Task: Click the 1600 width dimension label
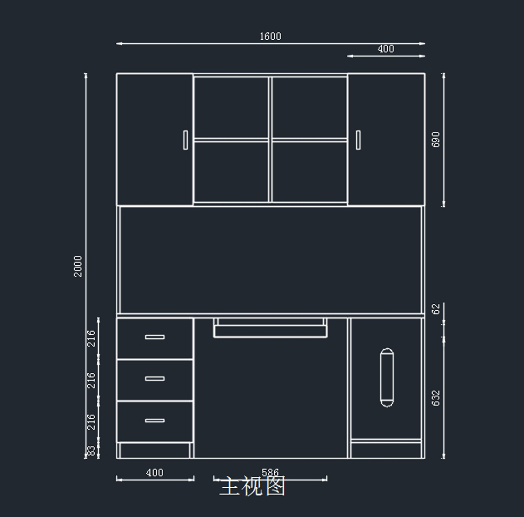click(x=270, y=36)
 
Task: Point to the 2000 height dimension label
click(x=78, y=266)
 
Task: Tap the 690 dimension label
click(x=436, y=139)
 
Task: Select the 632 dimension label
click(x=436, y=398)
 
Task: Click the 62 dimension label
click(x=436, y=309)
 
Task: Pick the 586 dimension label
click(x=270, y=472)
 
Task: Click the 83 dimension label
click(x=91, y=451)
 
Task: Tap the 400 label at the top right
click(x=386, y=49)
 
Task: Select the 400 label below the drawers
click(x=155, y=472)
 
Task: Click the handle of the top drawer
click(x=155, y=337)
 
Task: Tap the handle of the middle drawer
click(x=155, y=378)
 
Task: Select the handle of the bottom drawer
click(x=155, y=420)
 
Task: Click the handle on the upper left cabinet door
click(x=186, y=140)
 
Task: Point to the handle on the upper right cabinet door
click(x=358, y=140)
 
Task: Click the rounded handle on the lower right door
click(x=387, y=378)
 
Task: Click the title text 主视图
click(x=252, y=486)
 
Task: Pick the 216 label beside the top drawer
click(x=91, y=338)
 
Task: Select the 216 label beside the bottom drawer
click(x=91, y=422)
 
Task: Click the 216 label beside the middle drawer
click(x=91, y=380)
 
